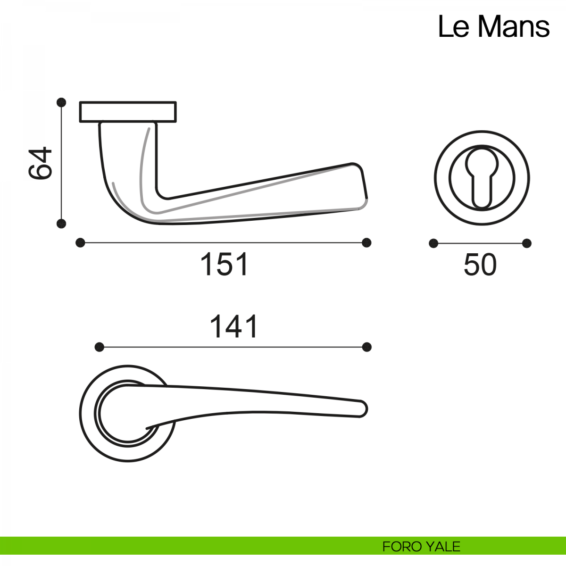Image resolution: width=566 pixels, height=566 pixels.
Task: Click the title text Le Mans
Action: [493, 27]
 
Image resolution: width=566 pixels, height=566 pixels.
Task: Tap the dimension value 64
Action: [40, 163]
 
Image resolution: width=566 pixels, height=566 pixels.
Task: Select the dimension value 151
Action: [224, 264]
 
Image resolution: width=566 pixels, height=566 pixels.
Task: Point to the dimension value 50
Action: [480, 265]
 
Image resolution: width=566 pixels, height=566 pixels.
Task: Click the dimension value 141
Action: [234, 326]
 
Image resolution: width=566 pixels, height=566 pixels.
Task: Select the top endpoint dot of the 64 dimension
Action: [61, 102]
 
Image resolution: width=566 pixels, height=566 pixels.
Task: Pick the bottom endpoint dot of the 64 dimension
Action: [61, 224]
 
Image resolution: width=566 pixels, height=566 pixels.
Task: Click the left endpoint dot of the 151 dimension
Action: [80, 243]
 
